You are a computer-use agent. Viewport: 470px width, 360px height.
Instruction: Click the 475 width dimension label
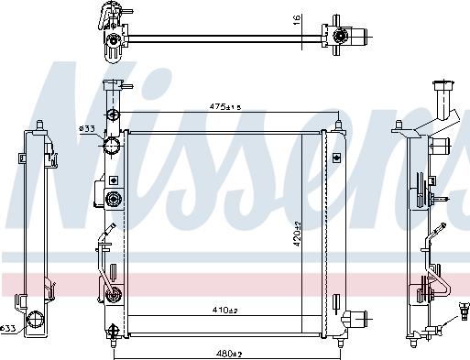pyautogui.click(x=224, y=108)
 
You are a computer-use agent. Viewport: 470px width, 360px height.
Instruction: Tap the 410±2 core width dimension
pyautogui.click(x=224, y=310)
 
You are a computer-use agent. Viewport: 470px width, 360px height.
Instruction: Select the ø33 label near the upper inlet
pyautogui.click(x=87, y=128)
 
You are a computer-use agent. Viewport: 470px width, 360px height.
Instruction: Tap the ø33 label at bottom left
pyautogui.click(x=8, y=328)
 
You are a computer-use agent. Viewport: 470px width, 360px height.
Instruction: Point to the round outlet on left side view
pyautogui.click(x=37, y=320)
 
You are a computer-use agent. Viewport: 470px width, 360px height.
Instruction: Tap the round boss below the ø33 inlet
pyautogui.click(x=114, y=199)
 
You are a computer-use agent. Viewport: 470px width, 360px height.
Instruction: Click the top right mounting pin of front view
pyautogui.click(x=339, y=121)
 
